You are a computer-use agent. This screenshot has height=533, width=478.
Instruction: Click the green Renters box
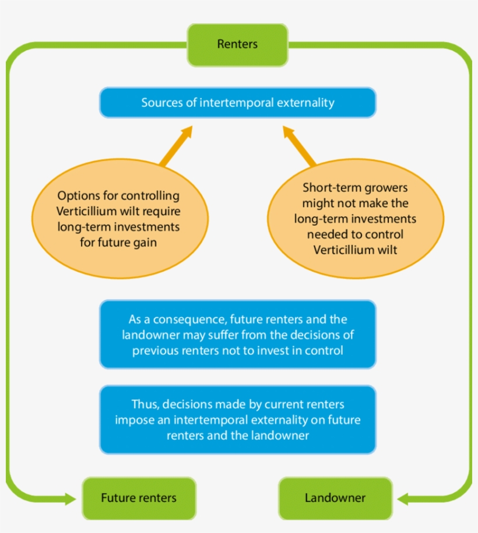[237, 45]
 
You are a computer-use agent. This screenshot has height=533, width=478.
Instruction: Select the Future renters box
[139, 498]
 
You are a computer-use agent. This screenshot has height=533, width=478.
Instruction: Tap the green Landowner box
[335, 498]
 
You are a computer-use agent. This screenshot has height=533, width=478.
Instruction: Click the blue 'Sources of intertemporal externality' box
[238, 103]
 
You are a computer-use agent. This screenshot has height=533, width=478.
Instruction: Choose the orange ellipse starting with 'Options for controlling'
[118, 219]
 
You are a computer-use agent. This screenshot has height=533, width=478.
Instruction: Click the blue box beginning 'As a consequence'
[238, 335]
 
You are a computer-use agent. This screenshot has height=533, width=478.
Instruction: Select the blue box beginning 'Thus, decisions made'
[238, 420]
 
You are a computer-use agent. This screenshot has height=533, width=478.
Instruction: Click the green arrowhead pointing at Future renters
[69, 499]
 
